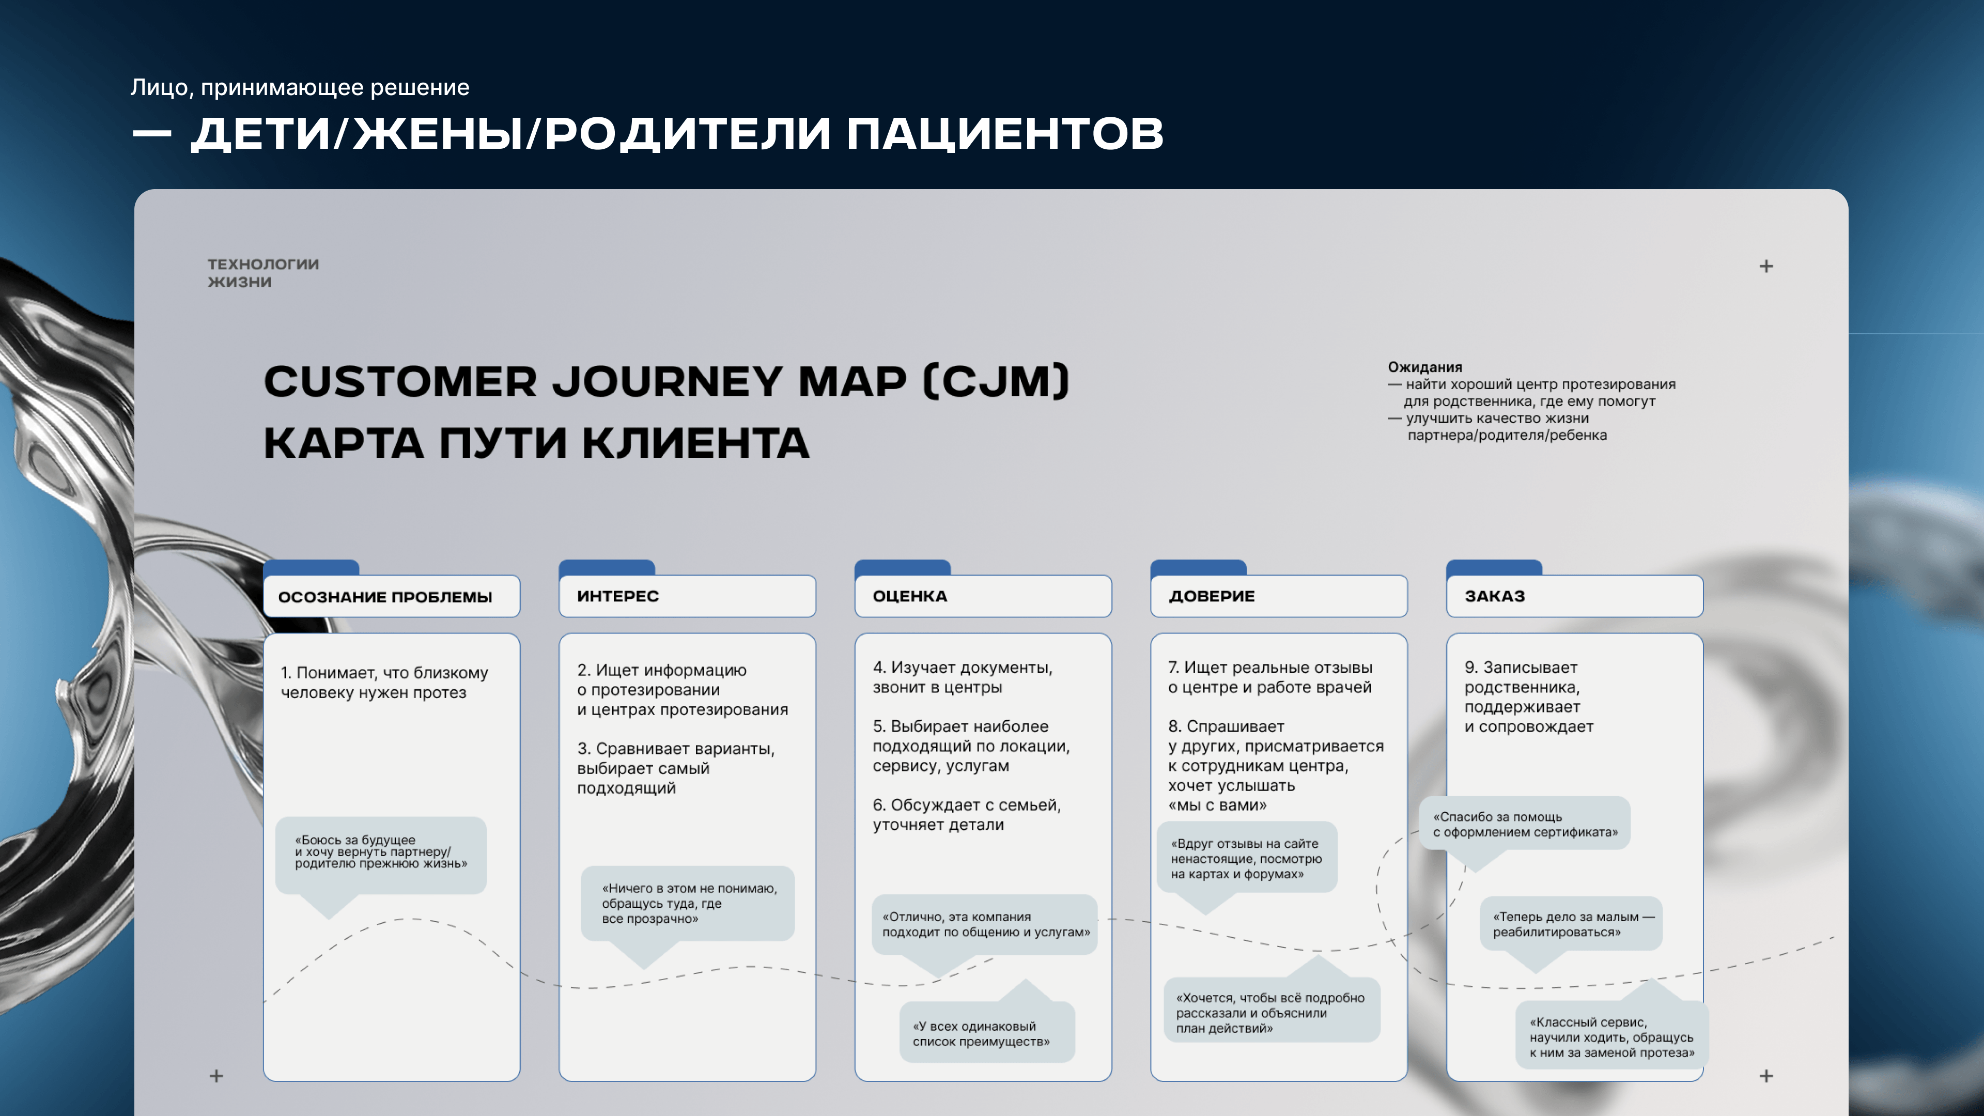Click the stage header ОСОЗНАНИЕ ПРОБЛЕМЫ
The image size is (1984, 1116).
tap(391, 596)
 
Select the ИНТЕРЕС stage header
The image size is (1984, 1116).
tap(687, 596)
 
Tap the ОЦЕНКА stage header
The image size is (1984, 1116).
tap(983, 596)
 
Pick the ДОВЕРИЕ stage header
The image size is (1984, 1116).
tap(1279, 596)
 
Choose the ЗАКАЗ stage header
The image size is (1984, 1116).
tap(1574, 596)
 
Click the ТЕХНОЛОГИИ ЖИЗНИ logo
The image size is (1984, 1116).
tap(262, 273)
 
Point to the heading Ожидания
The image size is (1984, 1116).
tap(1425, 367)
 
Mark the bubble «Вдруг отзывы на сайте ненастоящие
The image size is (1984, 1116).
tap(1247, 858)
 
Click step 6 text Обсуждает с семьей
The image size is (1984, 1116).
tap(967, 815)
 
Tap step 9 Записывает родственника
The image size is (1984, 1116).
tap(1529, 697)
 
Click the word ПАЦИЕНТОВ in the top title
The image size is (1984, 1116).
tap(1005, 133)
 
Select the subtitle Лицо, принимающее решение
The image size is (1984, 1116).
tap(300, 87)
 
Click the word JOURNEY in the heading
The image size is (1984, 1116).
tap(667, 381)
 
